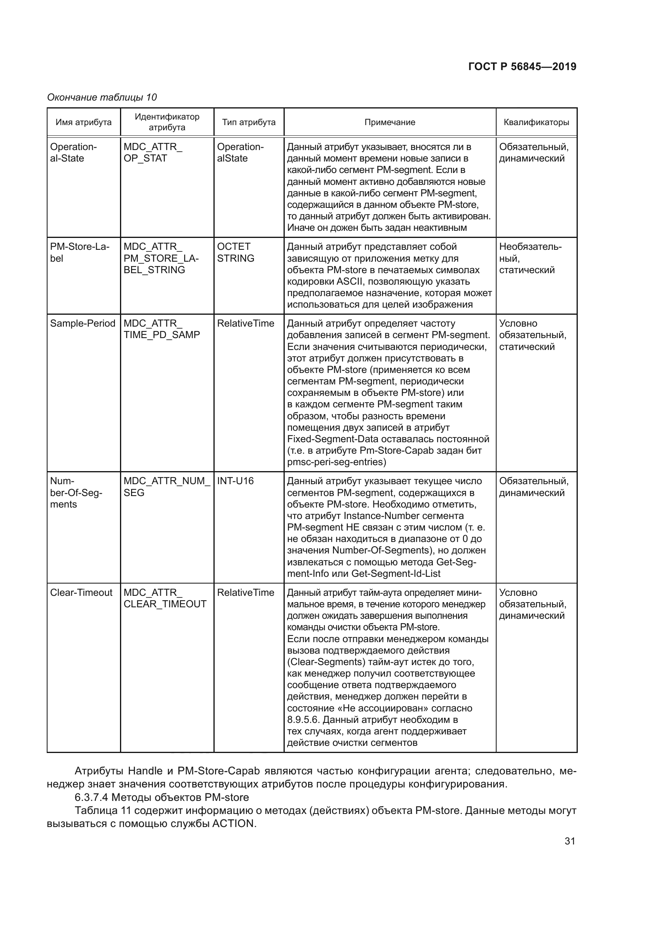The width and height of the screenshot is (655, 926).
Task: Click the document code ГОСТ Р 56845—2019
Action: (522, 67)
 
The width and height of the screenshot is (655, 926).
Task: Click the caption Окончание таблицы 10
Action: (102, 97)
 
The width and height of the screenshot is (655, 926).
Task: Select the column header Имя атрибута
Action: (84, 122)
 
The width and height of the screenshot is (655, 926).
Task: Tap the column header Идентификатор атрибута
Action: (167, 122)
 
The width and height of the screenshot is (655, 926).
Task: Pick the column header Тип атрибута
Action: (248, 122)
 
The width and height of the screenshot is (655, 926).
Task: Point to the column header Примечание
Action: (390, 122)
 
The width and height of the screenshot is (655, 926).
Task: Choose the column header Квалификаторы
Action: (536, 122)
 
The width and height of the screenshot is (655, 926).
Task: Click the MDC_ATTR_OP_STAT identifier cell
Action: (153, 152)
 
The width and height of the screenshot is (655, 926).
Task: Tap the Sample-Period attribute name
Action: (83, 323)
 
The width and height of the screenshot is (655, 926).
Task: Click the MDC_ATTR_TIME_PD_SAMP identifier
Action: (161, 329)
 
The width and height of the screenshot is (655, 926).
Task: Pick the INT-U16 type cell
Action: (235, 481)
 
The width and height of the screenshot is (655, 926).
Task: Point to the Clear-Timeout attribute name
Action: (81, 593)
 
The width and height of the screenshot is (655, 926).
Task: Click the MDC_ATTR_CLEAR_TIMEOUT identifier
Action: (165, 598)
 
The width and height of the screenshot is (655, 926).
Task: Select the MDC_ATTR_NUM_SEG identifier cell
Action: (167, 487)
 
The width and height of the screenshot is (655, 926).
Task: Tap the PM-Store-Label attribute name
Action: (80, 252)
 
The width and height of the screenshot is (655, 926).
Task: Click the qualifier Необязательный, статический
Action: (530, 258)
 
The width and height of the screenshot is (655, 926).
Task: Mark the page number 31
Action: (569, 841)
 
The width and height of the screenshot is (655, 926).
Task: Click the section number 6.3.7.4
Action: (91, 797)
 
